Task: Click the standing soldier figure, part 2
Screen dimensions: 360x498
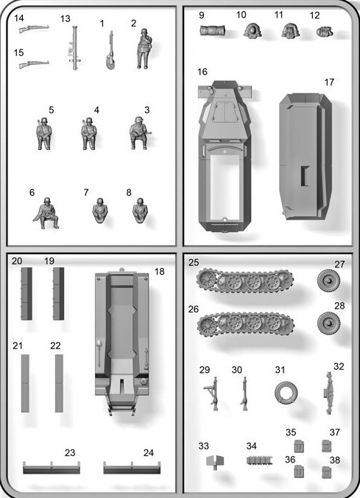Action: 144,49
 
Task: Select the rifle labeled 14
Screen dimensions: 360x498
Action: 34,29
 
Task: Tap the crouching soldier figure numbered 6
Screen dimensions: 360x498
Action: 46,213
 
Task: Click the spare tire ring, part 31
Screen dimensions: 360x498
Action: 286,393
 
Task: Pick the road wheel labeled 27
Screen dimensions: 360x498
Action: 328,281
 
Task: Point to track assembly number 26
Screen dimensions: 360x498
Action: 246,324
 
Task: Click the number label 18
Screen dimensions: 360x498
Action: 160,272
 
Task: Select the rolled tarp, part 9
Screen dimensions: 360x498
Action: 213,30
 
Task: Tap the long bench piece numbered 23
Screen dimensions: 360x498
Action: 52,468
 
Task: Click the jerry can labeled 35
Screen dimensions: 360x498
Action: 299,446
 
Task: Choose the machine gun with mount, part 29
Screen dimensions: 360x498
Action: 212,393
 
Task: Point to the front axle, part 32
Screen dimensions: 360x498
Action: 329,393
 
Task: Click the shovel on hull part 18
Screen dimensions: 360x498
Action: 99,353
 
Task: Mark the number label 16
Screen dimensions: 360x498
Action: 202,72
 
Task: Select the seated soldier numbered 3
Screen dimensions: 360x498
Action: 139,133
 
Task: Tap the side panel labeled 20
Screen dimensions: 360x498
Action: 27,293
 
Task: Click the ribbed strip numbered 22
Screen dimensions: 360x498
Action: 59,383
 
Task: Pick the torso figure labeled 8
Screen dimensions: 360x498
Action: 140,211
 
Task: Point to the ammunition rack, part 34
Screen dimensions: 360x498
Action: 259,460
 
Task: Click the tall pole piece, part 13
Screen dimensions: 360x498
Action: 75,48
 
